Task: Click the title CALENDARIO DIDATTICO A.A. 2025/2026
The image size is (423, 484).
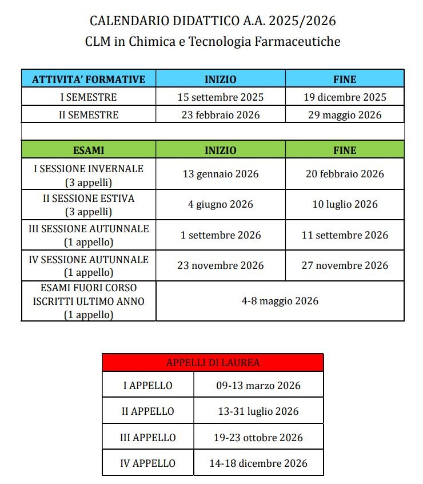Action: coord(213,22)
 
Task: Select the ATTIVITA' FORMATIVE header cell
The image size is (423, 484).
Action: coord(89,79)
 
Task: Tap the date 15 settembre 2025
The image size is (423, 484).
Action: coord(221,97)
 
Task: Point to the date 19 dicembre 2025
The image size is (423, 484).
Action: coord(345,97)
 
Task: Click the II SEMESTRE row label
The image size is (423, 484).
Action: coord(89,115)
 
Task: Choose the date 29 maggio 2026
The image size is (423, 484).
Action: coord(345,115)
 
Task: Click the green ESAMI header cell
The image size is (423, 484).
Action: coord(89,150)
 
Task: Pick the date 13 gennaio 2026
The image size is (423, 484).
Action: coord(221,174)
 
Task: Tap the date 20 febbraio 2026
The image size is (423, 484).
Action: coord(345,174)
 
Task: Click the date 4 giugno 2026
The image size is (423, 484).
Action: coord(221,204)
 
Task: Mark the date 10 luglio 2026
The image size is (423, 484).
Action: coord(345,204)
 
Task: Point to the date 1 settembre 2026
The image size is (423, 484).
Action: coord(221,235)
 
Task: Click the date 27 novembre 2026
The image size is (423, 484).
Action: coord(345,265)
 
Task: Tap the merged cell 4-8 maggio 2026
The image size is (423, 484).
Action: coord(280,301)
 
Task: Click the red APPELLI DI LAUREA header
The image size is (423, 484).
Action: coord(213,363)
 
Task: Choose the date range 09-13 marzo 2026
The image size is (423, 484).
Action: coord(258,386)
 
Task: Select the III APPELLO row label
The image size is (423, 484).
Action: coord(148,438)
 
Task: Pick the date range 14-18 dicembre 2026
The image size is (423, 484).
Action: coord(258,463)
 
